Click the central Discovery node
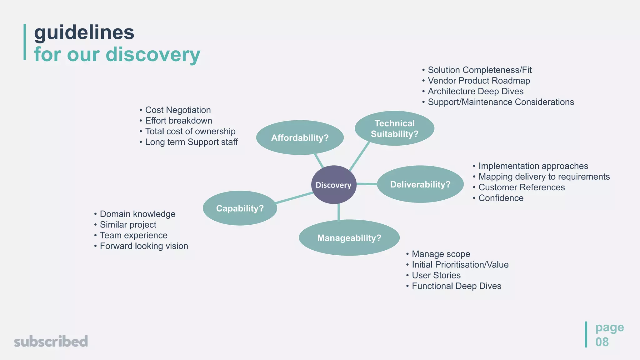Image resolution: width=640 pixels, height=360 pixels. (334, 185)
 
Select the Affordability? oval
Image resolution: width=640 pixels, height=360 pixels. (300, 137)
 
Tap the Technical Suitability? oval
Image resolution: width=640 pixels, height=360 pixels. (394, 128)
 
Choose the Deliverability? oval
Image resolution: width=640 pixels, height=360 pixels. (420, 184)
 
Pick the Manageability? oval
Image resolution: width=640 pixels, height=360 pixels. (349, 238)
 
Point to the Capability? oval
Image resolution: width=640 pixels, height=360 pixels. (240, 208)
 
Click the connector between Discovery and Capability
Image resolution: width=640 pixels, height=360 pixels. (294, 198)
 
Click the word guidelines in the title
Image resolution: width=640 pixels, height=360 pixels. (84, 32)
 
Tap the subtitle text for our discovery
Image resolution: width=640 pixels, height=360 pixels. (117, 54)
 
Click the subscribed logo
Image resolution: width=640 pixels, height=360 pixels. (51, 341)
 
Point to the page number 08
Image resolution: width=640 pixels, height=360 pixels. (602, 342)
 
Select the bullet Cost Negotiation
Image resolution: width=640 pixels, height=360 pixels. (178, 110)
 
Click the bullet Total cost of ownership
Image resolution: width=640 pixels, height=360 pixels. (190, 131)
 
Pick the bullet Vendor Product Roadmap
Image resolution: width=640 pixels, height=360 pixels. (479, 81)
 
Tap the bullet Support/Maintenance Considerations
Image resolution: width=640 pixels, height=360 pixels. (501, 102)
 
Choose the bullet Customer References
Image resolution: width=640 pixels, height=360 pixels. (522, 187)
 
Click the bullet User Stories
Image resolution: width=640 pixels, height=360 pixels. (436, 275)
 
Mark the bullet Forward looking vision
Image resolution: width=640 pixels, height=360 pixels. (144, 246)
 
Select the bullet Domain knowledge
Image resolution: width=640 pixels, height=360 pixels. (137, 214)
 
